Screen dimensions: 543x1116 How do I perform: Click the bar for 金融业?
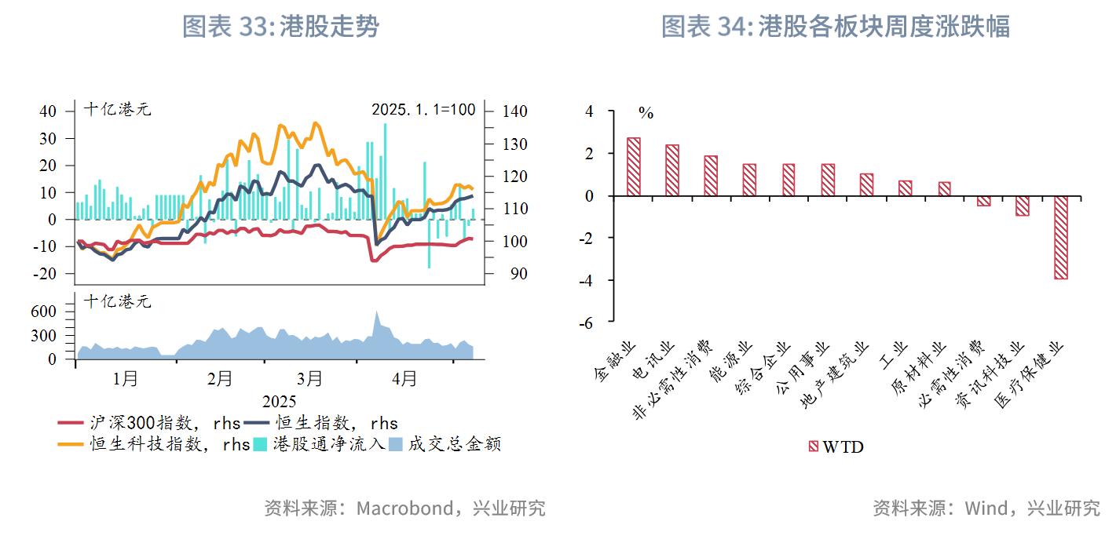tap(633, 167)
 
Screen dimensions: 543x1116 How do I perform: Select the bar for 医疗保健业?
tap(1060, 237)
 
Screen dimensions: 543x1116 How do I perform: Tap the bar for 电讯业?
tap(671, 170)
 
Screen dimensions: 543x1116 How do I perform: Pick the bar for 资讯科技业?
tap(1022, 206)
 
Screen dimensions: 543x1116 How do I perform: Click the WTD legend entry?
tap(836, 446)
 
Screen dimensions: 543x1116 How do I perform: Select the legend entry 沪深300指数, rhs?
tap(149, 423)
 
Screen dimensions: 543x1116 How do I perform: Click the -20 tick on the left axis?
tap(47, 274)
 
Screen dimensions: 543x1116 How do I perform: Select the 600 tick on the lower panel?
tap(46, 312)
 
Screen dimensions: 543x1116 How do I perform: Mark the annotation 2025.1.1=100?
tap(423, 109)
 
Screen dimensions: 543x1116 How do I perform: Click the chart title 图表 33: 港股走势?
tap(280, 27)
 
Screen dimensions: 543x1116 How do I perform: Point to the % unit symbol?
tap(646, 114)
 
